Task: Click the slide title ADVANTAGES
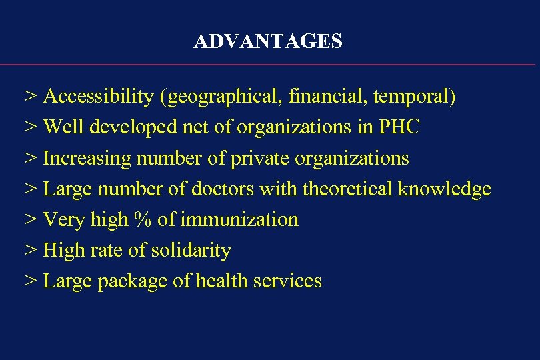pyautogui.click(x=268, y=42)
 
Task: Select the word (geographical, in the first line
pyautogui.click(x=222, y=97)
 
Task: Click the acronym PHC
pyautogui.click(x=399, y=127)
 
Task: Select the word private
pyautogui.click(x=228, y=159)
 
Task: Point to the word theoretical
pyautogui.click(x=349, y=189)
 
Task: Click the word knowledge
pyautogui.click(x=445, y=189)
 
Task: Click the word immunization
pyautogui.click(x=239, y=220)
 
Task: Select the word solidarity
pyautogui.click(x=191, y=251)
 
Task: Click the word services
pyautogui.click(x=288, y=281)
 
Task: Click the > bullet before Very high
pyautogui.click(x=31, y=220)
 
